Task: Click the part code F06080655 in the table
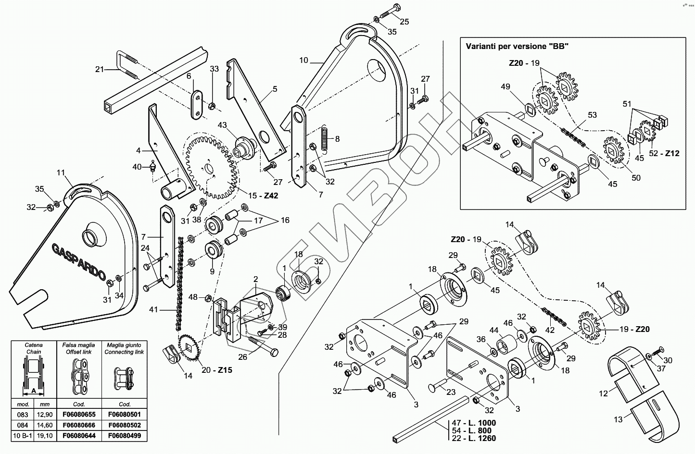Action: (78, 415)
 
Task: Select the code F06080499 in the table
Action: (125, 436)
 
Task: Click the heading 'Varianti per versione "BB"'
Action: (517, 47)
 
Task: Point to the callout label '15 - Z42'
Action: (263, 196)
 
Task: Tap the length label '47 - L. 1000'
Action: (474, 423)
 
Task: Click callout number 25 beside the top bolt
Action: (404, 22)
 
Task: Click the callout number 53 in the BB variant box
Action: (592, 115)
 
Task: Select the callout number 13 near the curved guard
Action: (618, 419)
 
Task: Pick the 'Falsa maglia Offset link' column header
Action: (78, 348)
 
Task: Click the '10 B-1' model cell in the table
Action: (23, 436)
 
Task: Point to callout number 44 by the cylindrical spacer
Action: (493, 331)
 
